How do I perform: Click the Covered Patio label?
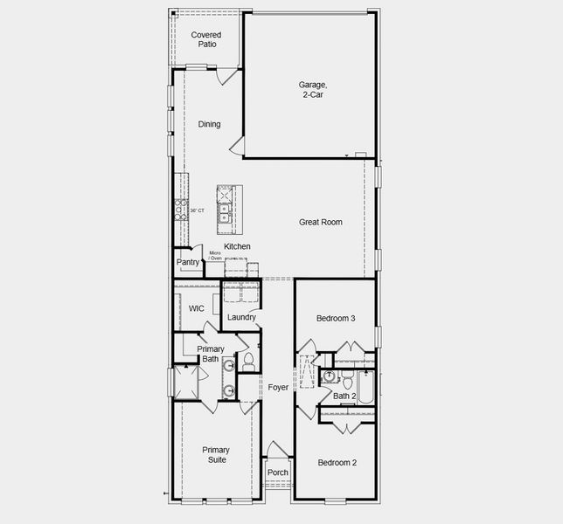click(206, 39)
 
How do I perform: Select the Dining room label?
click(209, 124)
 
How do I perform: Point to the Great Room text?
click(321, 222)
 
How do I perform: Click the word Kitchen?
click(237, 246)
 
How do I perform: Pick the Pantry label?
click(188, 262)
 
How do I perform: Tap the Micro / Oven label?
click(214, 256)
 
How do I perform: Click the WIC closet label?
click(197, 308)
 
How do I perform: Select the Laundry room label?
click(241, 317)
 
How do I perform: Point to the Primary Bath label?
click(210, 354)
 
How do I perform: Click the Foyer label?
click(278, 387)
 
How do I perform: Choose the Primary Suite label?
click(216, 455)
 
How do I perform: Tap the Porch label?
click(278, 472)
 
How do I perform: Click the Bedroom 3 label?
click(336, 318)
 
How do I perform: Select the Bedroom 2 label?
click(337, 462)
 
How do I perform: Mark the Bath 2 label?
click(344, 397)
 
